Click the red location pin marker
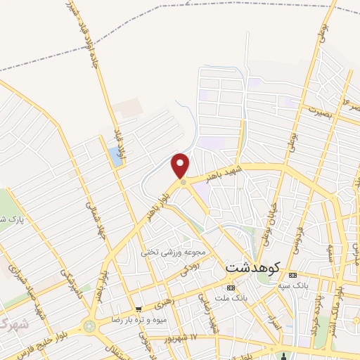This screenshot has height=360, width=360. [x=181, y=166]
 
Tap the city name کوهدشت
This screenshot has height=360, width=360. [x=254, y=268]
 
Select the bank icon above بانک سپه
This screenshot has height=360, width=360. [x=293, y=274]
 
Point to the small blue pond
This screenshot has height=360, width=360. [x=115, y=157]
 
